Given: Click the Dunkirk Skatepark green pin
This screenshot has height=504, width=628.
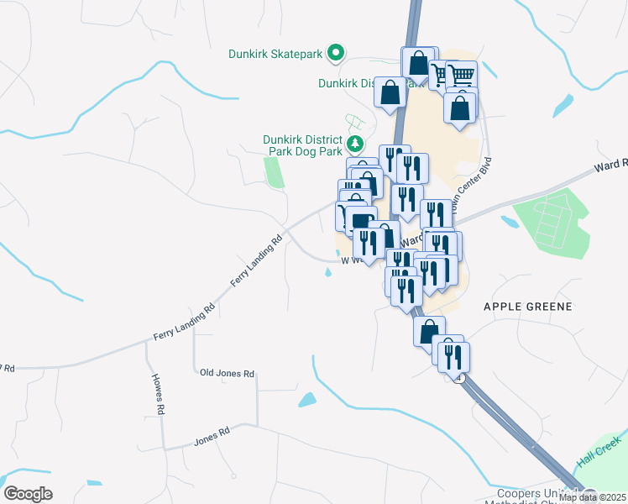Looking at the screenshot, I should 336,54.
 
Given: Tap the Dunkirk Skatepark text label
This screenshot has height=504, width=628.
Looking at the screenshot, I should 275,55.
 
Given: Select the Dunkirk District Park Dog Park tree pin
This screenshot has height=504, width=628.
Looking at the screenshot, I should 356,143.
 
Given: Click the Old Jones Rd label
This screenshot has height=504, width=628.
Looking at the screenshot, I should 227,373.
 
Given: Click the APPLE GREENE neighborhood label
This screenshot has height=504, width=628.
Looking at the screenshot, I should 527,307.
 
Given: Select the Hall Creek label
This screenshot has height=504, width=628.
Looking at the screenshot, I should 599,453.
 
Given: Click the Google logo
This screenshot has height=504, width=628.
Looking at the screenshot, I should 28,494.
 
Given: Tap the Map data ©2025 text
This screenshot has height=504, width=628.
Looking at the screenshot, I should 592,497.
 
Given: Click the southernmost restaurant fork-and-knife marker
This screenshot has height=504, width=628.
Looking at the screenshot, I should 453,356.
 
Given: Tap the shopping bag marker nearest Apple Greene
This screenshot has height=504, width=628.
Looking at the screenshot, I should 429,330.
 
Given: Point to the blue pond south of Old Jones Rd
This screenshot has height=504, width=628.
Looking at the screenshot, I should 308,400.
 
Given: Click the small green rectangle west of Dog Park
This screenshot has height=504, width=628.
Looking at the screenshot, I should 273,171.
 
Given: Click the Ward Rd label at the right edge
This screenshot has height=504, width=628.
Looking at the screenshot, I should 611,165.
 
